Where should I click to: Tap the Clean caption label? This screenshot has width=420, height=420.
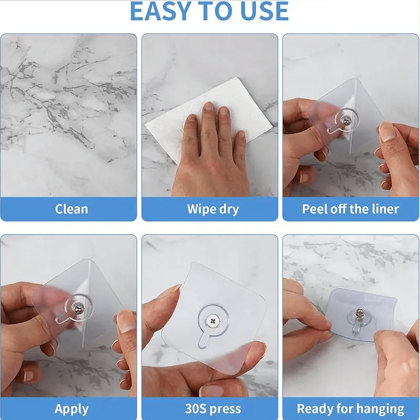71,209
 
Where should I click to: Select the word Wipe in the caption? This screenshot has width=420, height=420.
199,209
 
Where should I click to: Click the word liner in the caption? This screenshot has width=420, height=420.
385,209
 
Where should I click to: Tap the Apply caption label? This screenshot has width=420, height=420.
71,408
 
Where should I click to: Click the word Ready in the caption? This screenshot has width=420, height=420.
316,408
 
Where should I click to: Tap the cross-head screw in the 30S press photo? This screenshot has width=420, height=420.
213,320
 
